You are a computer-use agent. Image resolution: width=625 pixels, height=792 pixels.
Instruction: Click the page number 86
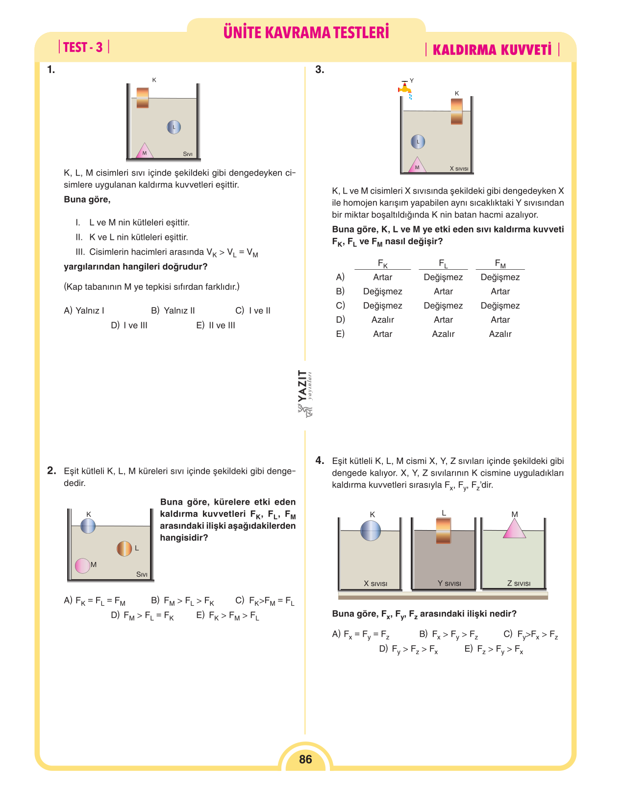305,759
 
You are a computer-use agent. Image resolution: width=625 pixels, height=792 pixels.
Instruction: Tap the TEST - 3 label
83,48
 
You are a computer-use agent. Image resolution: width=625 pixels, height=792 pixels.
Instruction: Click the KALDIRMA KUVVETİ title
492,50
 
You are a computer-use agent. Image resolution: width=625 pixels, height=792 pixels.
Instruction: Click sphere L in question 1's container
174,128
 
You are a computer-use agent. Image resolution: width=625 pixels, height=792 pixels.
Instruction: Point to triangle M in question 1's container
144,151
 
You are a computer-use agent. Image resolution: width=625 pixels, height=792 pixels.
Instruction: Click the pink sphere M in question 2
82,565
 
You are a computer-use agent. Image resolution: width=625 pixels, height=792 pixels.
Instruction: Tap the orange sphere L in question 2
125,549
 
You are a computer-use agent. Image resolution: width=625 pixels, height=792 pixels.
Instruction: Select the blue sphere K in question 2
88,526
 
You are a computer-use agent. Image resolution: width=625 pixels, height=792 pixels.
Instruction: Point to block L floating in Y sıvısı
443,531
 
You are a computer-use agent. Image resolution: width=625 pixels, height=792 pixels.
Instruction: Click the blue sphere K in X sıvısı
371,531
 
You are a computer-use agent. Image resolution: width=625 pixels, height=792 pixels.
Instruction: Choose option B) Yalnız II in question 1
173,310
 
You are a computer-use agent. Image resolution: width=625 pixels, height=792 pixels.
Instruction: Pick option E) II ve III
216,325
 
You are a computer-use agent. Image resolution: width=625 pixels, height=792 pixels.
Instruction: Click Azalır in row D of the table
382,320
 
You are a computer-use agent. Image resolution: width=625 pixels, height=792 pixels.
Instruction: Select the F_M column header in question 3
500,263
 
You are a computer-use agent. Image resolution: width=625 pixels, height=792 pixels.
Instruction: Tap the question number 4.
320,460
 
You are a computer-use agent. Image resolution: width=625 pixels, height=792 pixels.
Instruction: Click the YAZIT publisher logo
305,394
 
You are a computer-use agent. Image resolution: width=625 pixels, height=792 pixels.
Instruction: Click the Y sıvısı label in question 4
449,583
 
